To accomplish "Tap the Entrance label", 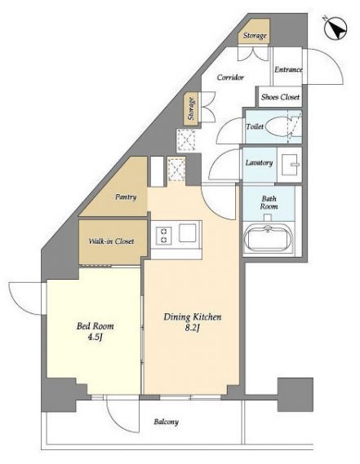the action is click(288, 69).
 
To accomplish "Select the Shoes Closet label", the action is click(280, 97).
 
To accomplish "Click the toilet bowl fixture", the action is click(279, 126).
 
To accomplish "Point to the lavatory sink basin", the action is click(290, 165).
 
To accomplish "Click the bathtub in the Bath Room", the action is click(269, 237).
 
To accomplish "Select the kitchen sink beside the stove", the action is click(188, 233).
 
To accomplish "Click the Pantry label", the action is click(126, 197).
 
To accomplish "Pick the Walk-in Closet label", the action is click(111, 241).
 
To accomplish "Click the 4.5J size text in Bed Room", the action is click(95, 337).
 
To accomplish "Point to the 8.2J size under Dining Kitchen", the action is click(192, 328).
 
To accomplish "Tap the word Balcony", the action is click(166, 422).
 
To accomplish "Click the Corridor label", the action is click(230, 77).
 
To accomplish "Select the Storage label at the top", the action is click(255, 36).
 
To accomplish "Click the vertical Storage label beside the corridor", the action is click(192, 108).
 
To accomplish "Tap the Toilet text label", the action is click(255, 126).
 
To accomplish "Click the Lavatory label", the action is click(259, 162).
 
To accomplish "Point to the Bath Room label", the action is click(269, 202).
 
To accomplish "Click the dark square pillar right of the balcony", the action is click(296, 395).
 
